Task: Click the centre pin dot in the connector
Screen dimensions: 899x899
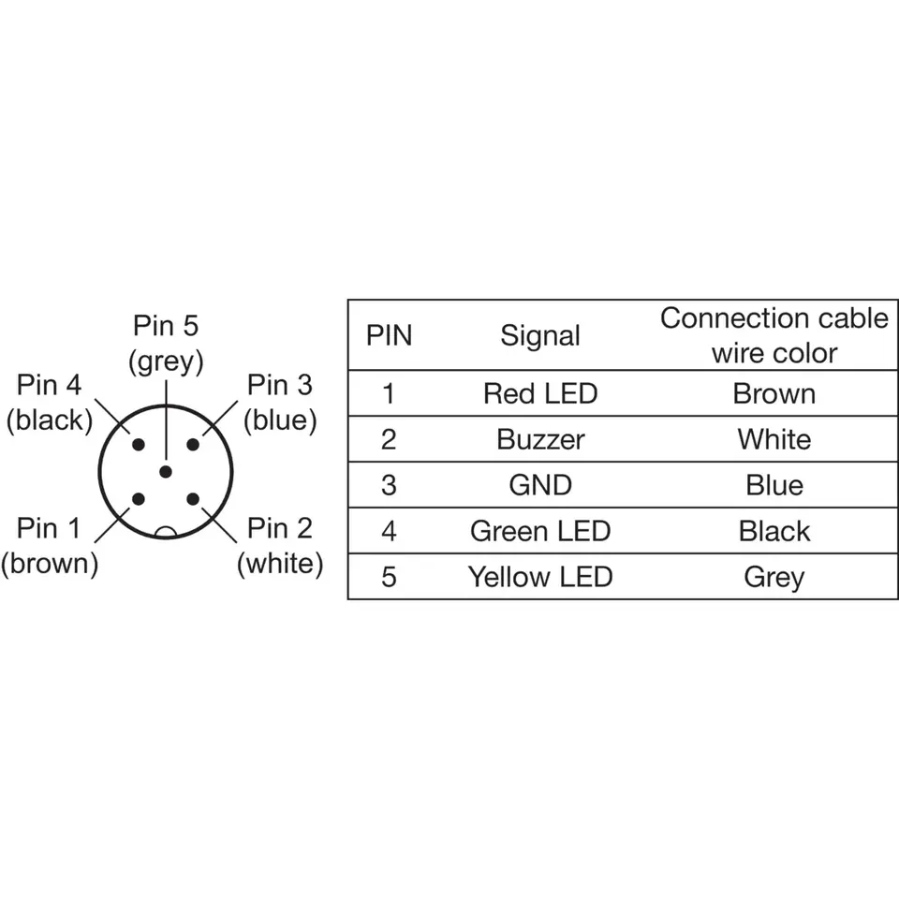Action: [x=166, y=472]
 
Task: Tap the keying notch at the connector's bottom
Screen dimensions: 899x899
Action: [x=166, y=533]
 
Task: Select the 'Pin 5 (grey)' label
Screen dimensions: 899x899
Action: [x=166, y=344]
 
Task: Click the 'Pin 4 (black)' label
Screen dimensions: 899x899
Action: [x=49, y=403]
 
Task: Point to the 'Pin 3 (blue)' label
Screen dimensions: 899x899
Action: [x=280, y=403]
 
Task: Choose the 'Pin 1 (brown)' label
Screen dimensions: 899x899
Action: [x=49, y=547]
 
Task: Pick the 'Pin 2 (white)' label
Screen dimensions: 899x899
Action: [x=280, y=547]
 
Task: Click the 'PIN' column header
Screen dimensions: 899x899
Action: [x=389, y=336]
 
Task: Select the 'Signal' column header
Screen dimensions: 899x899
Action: [x=540, y=336]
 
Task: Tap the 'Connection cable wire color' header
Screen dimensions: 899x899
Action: [x=774, y=335]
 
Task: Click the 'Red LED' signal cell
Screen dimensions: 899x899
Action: [x=540, y=393]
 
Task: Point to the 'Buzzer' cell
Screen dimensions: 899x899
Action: [x=540, y=439]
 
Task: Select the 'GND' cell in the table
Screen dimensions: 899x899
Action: [x=540, y=485]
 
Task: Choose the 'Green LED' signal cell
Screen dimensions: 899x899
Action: [x=540, y=531]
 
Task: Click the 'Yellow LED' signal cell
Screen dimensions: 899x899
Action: [x=540, y=577]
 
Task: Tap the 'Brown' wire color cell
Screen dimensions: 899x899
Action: [x=774, y=393]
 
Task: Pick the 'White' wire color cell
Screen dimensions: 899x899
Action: [x=774, y=439]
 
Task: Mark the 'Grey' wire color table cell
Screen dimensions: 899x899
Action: [x=774, y=577]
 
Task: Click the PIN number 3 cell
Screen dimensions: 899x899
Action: [x=389, y=485]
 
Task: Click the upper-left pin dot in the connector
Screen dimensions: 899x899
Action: [x=139, y=445]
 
